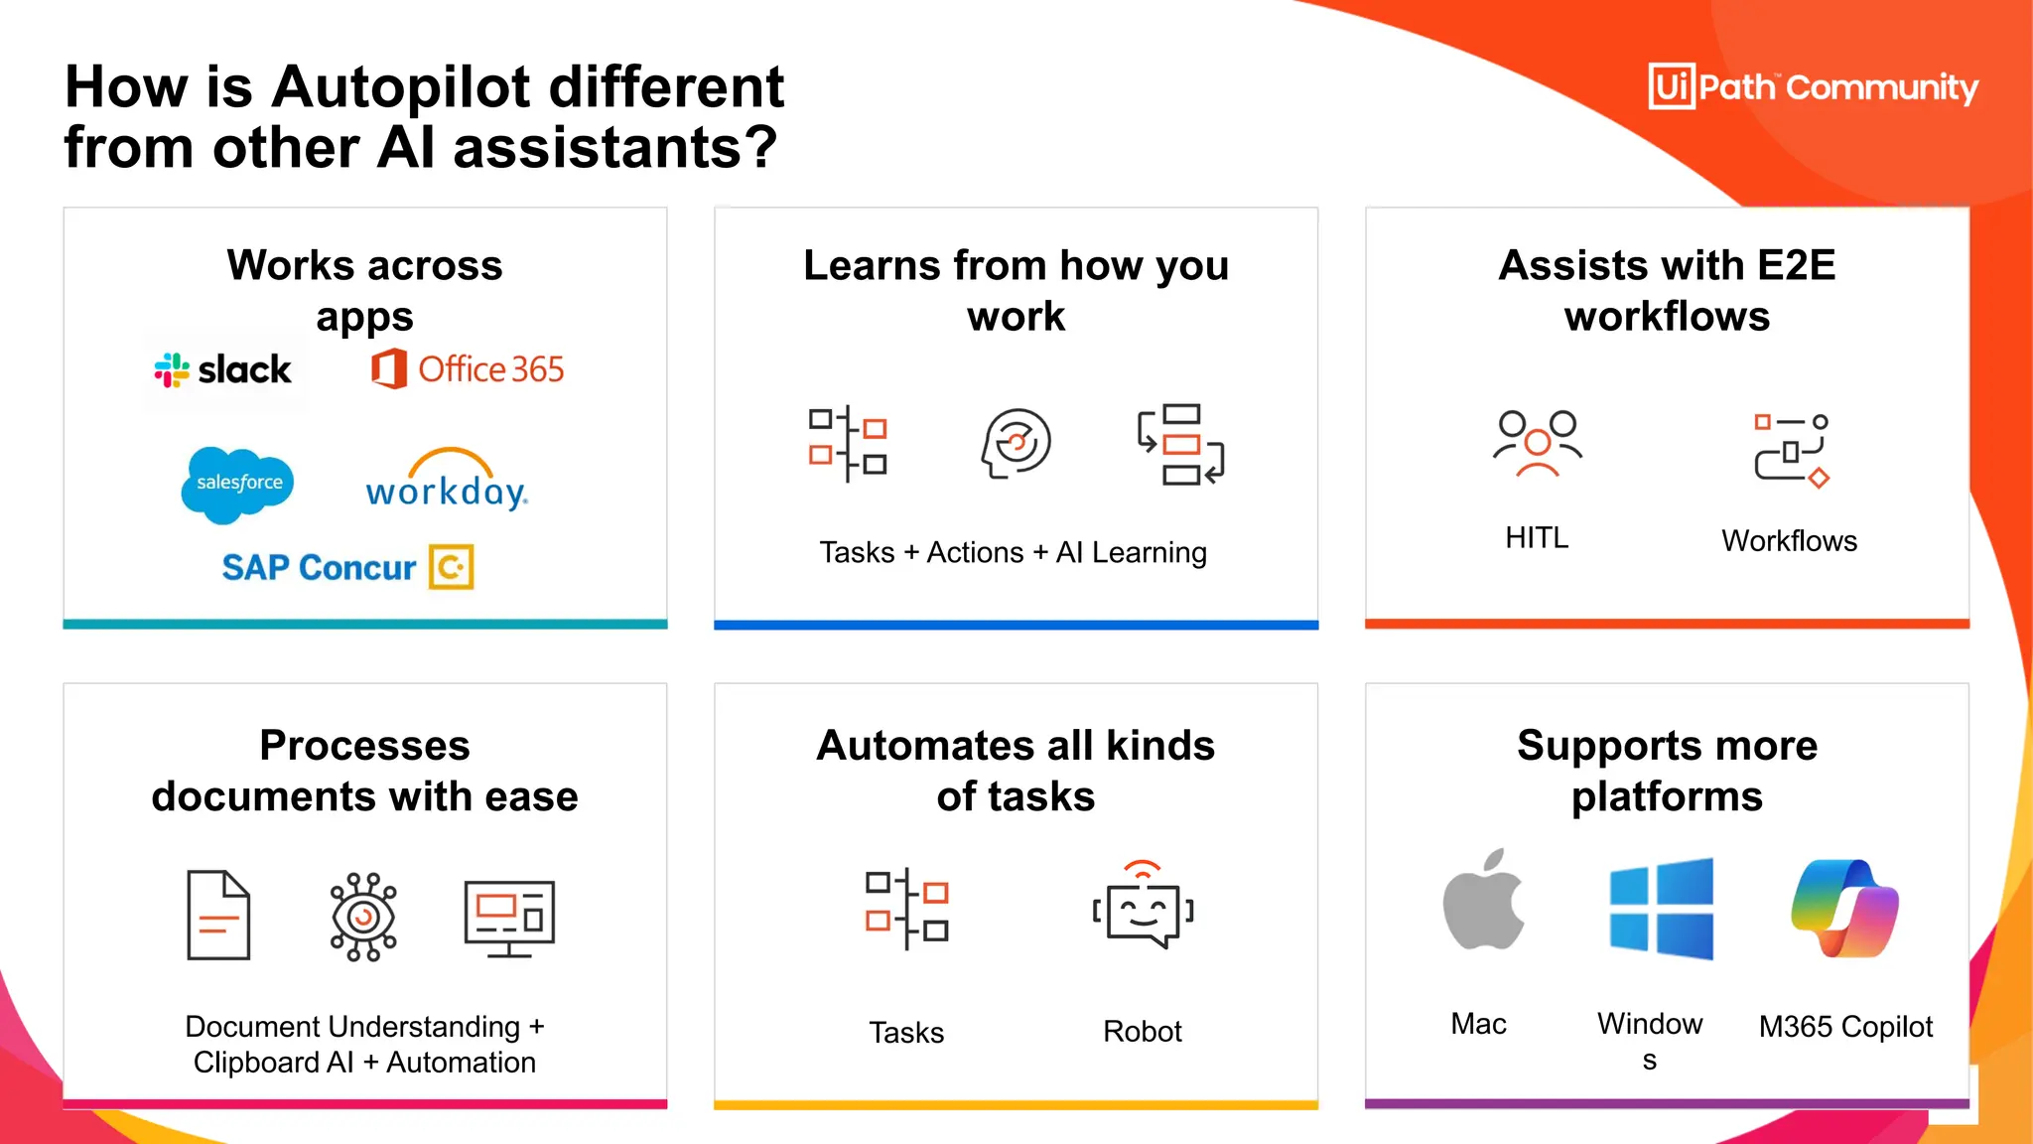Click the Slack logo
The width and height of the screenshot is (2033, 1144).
[x=223, y=370]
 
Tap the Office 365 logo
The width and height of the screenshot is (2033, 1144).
[x=468, y=369]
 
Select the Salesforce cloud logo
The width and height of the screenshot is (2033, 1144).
[x=238, y=484]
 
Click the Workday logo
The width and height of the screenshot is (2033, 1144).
[x=447, y=481]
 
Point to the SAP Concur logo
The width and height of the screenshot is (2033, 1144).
[x=347, y=567]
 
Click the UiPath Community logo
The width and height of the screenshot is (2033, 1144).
[x=1813, y=87]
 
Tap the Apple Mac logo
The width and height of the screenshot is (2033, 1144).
[x=1483, y=901]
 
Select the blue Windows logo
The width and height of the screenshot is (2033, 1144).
[x=1661, y=909]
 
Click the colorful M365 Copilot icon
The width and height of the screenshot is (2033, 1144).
[x=1844, y=908]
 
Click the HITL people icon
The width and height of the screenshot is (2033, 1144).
[x=1537, y=443]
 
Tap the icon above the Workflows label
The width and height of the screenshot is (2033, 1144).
[x=1791, y=450]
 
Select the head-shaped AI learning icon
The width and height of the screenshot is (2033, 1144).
[x=1016, y=443]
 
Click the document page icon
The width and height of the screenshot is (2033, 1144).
[x=218, y=915]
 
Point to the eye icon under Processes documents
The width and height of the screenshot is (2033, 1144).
[x=363, y=917]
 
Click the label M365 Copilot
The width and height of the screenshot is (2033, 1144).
[x=1845, y=1026]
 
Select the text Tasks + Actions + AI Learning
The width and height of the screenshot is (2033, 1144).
[x=1013, y=552]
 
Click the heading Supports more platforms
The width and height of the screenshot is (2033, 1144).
[x=1667, y=771]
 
